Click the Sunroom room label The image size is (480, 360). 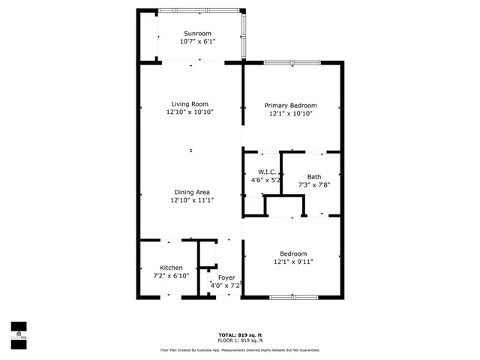[197, 34]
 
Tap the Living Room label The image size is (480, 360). [190, 104]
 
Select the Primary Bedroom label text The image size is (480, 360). [291, 106]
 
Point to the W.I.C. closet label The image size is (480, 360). [260, 172]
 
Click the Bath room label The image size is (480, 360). [313, 177]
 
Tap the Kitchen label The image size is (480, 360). [171, 268]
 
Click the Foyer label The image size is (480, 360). [226, 278]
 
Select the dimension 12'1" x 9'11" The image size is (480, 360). [293, 262]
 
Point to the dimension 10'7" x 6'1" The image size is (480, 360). [197, 42]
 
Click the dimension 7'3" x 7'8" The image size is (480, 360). [313, 184]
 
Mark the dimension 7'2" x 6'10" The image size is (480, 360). [171, 275]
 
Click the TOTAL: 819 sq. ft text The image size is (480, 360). [239, 334]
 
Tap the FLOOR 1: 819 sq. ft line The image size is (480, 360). [239, 340]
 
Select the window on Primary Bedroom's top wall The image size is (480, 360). [291, 62]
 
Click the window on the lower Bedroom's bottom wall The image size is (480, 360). [291, 298]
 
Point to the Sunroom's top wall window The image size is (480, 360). [199, 10]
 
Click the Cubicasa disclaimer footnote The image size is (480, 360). [239, 349]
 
